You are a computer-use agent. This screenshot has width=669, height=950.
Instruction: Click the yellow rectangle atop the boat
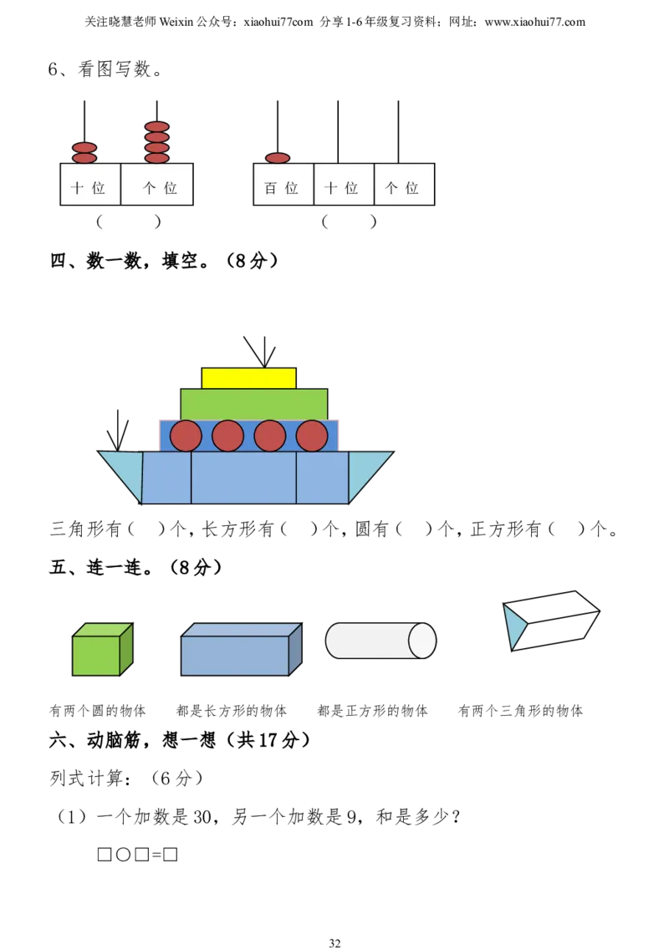click(248, 378)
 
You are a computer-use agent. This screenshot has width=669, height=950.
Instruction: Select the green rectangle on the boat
click(253, 404)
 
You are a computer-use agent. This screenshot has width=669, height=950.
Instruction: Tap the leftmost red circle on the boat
click(186, 436)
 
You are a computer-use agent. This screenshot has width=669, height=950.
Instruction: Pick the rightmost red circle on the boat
click(312, 436)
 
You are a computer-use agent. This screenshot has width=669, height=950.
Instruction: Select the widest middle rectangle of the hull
click(243, 478)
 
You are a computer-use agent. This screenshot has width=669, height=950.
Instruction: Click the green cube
click(96, 654)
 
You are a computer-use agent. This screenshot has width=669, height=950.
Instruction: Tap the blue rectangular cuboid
click(235, 654)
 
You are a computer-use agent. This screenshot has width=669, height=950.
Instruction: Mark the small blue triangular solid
click(513, 626)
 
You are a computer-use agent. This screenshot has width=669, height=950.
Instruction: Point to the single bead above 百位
click(278, 158)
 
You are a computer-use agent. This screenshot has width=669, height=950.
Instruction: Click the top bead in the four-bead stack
click(156, 127)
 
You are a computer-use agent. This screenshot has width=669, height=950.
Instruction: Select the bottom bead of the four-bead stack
click(156, 158)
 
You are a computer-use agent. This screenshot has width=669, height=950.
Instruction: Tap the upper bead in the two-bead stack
click(84, 147)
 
